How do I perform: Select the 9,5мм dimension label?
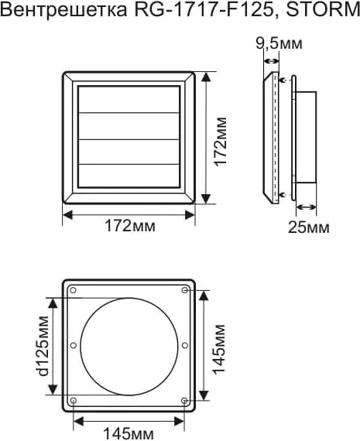tap(279, 43)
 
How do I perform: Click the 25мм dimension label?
tap(308, 227)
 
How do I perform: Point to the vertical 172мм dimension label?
tap(221, 142)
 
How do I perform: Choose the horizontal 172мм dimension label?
tap(130, 226)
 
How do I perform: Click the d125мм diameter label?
tap(43, 346)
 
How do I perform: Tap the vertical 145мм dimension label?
tap(218, 350)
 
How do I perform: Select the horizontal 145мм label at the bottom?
tap(129, 434)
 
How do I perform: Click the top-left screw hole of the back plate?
tap(74, 290)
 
